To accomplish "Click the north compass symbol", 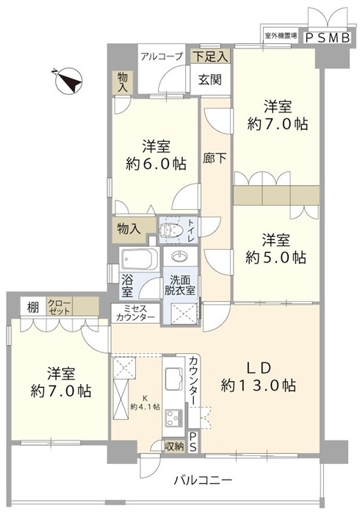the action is coord(69,81).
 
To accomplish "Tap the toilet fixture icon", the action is coord(170,230).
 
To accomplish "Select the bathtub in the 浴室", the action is coord(140,259).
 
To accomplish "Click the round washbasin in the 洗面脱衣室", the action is coord(180,256).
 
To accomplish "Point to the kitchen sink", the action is coord(174,377).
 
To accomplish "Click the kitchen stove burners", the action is coord(174,417).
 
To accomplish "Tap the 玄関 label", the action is coord(209,79).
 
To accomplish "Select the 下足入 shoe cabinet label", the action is coord(210,56).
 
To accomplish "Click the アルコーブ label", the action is coord(162,57).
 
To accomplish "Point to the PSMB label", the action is coord(327,38).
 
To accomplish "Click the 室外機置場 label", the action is coord(281,35).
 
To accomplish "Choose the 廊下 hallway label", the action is coord(215,159).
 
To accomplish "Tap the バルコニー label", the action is coord(203,480).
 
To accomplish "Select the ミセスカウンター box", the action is coord(135,314).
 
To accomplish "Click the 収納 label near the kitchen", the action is coord(174,446).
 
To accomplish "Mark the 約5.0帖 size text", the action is coord(276,258).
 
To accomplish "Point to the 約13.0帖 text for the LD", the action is coord(259,385).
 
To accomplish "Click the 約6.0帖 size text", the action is coord(156,163).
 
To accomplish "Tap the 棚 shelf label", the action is coord(32,308).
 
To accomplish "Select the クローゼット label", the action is coord(59,307).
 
